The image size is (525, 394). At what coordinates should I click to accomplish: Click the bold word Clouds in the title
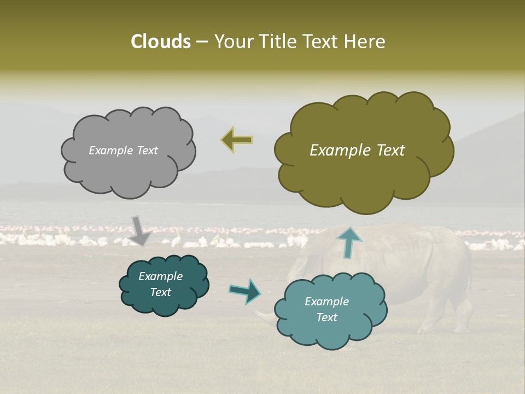[160, 42]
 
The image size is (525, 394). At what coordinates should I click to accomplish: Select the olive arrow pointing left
[237, 140]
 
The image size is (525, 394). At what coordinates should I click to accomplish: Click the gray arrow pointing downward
[140, 230]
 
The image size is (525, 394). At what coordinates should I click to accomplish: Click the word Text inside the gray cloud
[147, 150]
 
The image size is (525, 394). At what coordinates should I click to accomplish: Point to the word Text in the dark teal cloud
[160, 292]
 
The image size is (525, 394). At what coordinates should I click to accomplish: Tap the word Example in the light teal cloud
[326, 302]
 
